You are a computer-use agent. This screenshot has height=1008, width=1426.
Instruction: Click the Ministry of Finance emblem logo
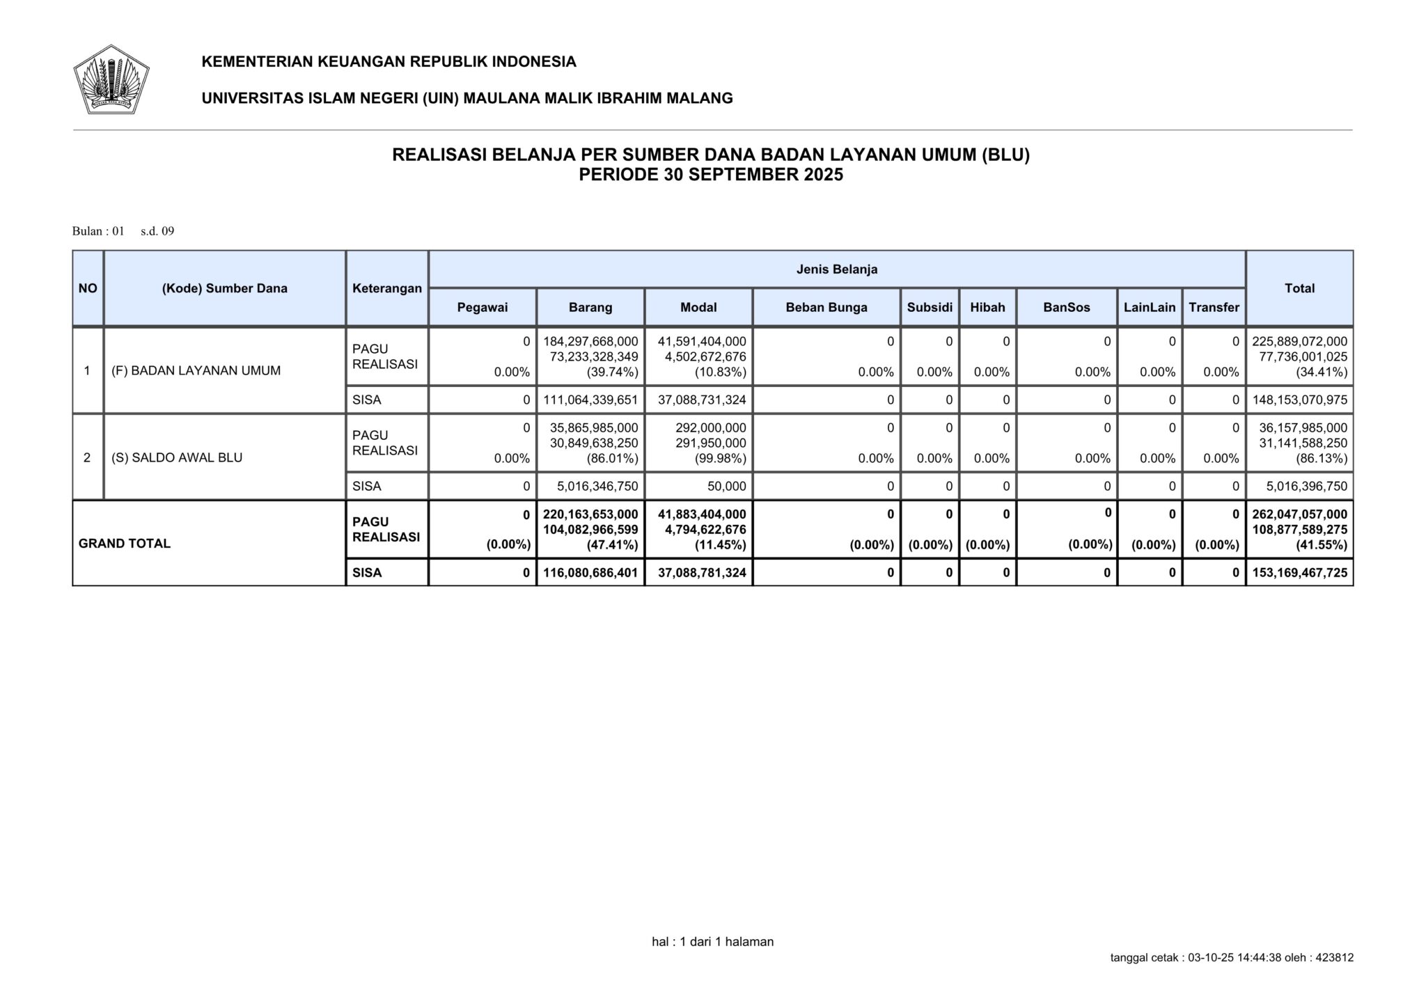click(x=111, y=79)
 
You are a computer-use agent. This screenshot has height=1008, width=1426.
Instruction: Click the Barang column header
click(x=590, y=307)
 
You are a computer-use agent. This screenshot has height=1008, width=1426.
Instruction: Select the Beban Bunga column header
click(x=826, y=307)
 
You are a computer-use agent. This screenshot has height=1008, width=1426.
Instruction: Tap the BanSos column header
click(x=1066, y=307)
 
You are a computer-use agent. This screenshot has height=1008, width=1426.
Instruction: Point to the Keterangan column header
click(x=387, y=288)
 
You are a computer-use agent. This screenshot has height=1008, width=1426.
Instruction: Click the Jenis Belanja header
click(x=836, y=269)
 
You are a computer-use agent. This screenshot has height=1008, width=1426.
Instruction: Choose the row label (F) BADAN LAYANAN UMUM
click(x=196, y=370)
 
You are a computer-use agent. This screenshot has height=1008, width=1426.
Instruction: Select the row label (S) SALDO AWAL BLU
click(x=177, y=457)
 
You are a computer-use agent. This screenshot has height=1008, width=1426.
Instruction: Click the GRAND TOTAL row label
click(x=125, y=544)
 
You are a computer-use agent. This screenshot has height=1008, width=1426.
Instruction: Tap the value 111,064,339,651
click(x=590, y=400)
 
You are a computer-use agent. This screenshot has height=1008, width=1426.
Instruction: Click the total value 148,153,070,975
click(x=1299, y=400)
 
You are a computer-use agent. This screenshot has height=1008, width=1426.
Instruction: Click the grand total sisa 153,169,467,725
click(x=1299, y=573)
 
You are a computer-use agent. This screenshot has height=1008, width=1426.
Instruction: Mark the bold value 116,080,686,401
click(x=590, y=573)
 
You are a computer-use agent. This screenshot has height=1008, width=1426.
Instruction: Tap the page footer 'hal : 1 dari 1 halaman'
click(x=712, y=942)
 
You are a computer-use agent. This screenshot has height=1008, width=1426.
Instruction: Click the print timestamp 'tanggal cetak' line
click(x=1231, y=958)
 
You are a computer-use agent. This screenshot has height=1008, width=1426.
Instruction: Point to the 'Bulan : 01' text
click(x=98, y=231)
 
